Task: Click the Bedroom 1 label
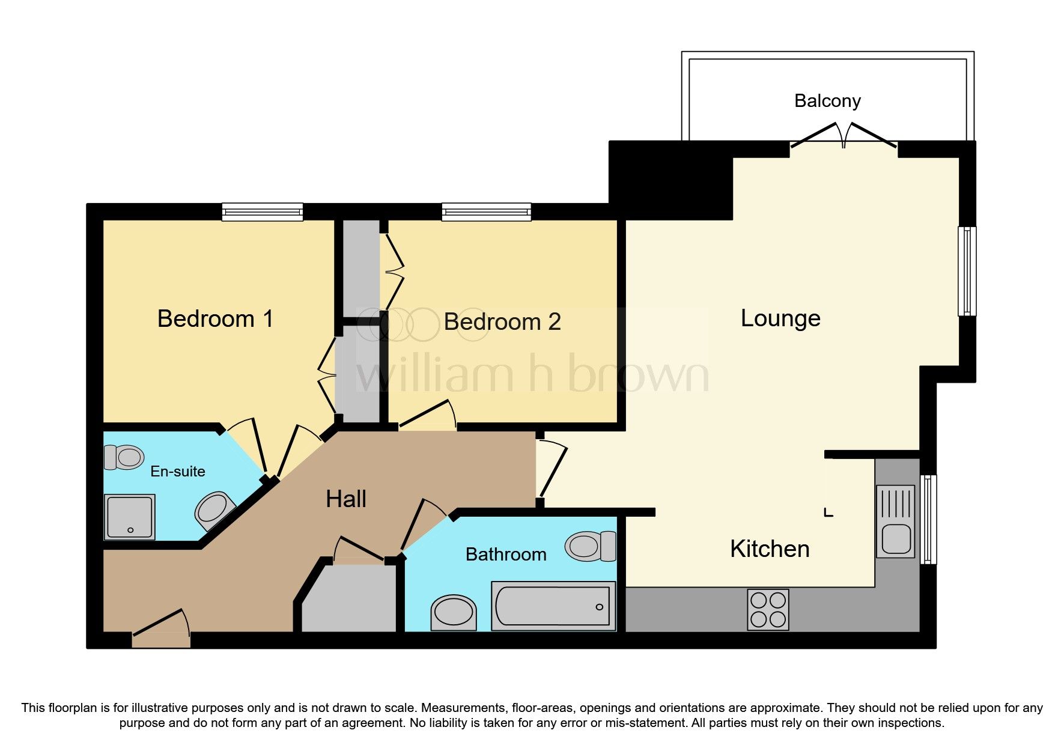click(x=215, y=318)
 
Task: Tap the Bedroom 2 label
click(x=502, y=322)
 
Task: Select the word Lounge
click(x=780, y=318)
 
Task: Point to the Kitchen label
click(x=770, y=549)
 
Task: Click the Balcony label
click(x=827, y=100)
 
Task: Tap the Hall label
click(x=346, y=499)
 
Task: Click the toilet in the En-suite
click(x=124, y=457)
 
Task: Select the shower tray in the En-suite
click(x=130, y=517)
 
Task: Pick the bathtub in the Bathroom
click(x=553, y=606)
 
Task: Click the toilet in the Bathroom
click(x=591, y=546)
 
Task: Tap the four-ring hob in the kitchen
click(x=768, y=610)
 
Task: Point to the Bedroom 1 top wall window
click(x=262, y=211)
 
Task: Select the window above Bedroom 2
click(x=486, y=211)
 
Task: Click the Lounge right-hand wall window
click(x=966, y=270)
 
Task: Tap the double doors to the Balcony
click(x=844, y=137)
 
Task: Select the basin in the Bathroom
click(x=454, y=613)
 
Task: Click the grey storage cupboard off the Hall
click(x=348, y=598)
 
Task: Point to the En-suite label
click(x=178, y=472)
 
